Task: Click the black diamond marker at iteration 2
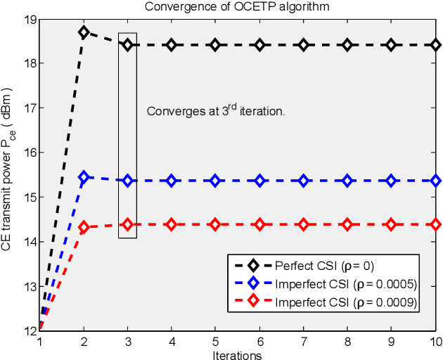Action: click(84, 32)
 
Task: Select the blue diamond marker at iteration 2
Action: click(84, 176)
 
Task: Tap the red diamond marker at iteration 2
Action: click(84, 227)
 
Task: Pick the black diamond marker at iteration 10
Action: click(435, 45)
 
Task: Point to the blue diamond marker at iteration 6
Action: click(259, 181)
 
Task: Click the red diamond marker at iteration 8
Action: click(347, 224)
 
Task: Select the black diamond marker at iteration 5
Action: click(215, 45)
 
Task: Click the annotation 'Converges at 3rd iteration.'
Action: click(215, 111)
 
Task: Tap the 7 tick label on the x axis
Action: click(304, 341)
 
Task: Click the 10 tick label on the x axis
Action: click(435, 341)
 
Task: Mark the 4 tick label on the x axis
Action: click(172, 341)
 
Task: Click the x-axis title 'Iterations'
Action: click(238, 354)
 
